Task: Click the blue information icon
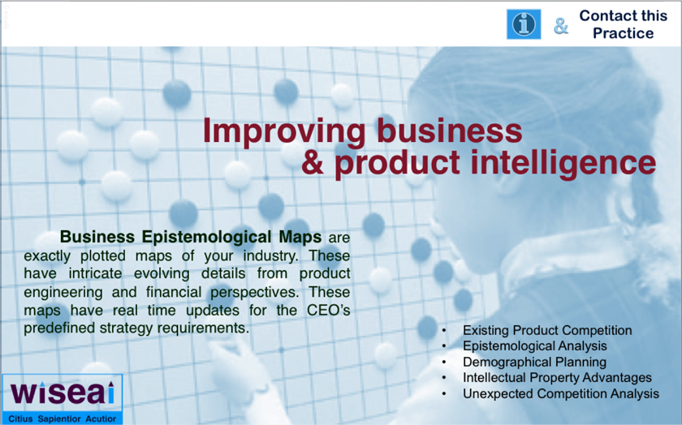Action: [524, 24]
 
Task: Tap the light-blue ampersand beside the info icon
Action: [561, 26]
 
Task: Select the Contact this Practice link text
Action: [624, 24]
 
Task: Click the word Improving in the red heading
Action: [284, 131]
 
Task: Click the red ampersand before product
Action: [313, 162]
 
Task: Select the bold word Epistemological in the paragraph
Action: [206, 237]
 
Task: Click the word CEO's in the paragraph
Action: [328, 311]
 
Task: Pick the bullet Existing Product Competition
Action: [547, 330]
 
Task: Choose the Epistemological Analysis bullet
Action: [534, 346]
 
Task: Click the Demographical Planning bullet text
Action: [534, 362]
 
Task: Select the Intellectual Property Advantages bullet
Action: [557, 378]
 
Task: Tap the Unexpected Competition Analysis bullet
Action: [561, 393]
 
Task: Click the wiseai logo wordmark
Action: [63, 393]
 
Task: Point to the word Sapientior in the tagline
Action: [59, 419]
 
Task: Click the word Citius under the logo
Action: [20, 419]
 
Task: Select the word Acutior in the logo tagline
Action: [101, 419]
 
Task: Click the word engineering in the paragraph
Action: [63, 293]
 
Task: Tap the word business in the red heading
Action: [449, 131]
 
